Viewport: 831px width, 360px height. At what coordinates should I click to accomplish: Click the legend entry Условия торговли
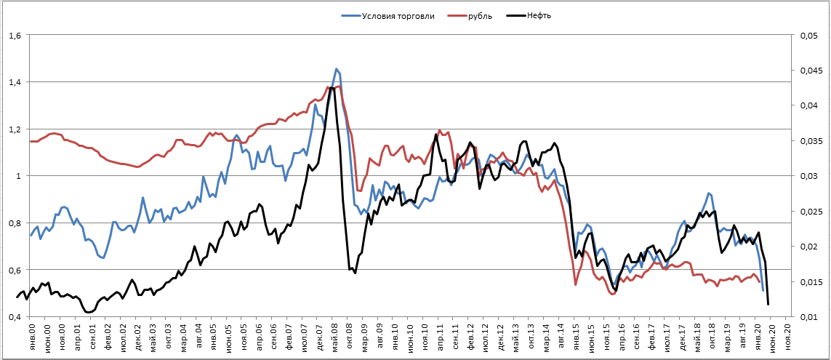398,16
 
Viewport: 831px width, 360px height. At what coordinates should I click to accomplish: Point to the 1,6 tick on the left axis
15,35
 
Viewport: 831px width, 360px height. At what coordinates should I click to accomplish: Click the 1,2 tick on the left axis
15,129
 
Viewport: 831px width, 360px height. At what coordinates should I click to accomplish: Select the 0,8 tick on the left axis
15,223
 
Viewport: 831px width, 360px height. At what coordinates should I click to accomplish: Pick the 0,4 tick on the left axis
15,317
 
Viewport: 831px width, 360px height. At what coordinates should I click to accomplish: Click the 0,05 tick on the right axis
810,35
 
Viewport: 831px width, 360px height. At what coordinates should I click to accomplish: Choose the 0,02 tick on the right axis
810,247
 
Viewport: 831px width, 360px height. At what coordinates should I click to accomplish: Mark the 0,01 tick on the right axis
810,317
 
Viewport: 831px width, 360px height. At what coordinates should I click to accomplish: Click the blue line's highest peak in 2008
336,69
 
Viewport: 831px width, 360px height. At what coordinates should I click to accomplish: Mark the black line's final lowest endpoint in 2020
768,304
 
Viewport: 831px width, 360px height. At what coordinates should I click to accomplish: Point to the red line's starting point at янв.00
31,141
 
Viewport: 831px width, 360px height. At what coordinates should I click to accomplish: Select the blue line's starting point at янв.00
31,235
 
